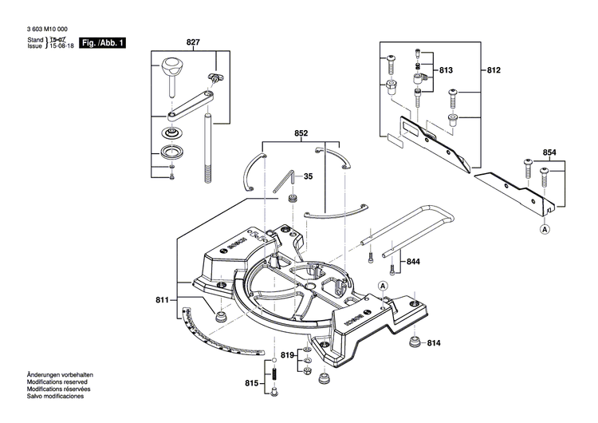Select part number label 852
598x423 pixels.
pos(301,134)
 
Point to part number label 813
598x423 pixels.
pos(445,71)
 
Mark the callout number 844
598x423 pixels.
pos(412,262)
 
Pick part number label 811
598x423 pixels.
pos(163,300)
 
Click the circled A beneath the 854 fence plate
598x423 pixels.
pos(545,229)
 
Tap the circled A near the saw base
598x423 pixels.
pos(382,286)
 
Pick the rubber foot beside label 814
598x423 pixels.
pos(414,343)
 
